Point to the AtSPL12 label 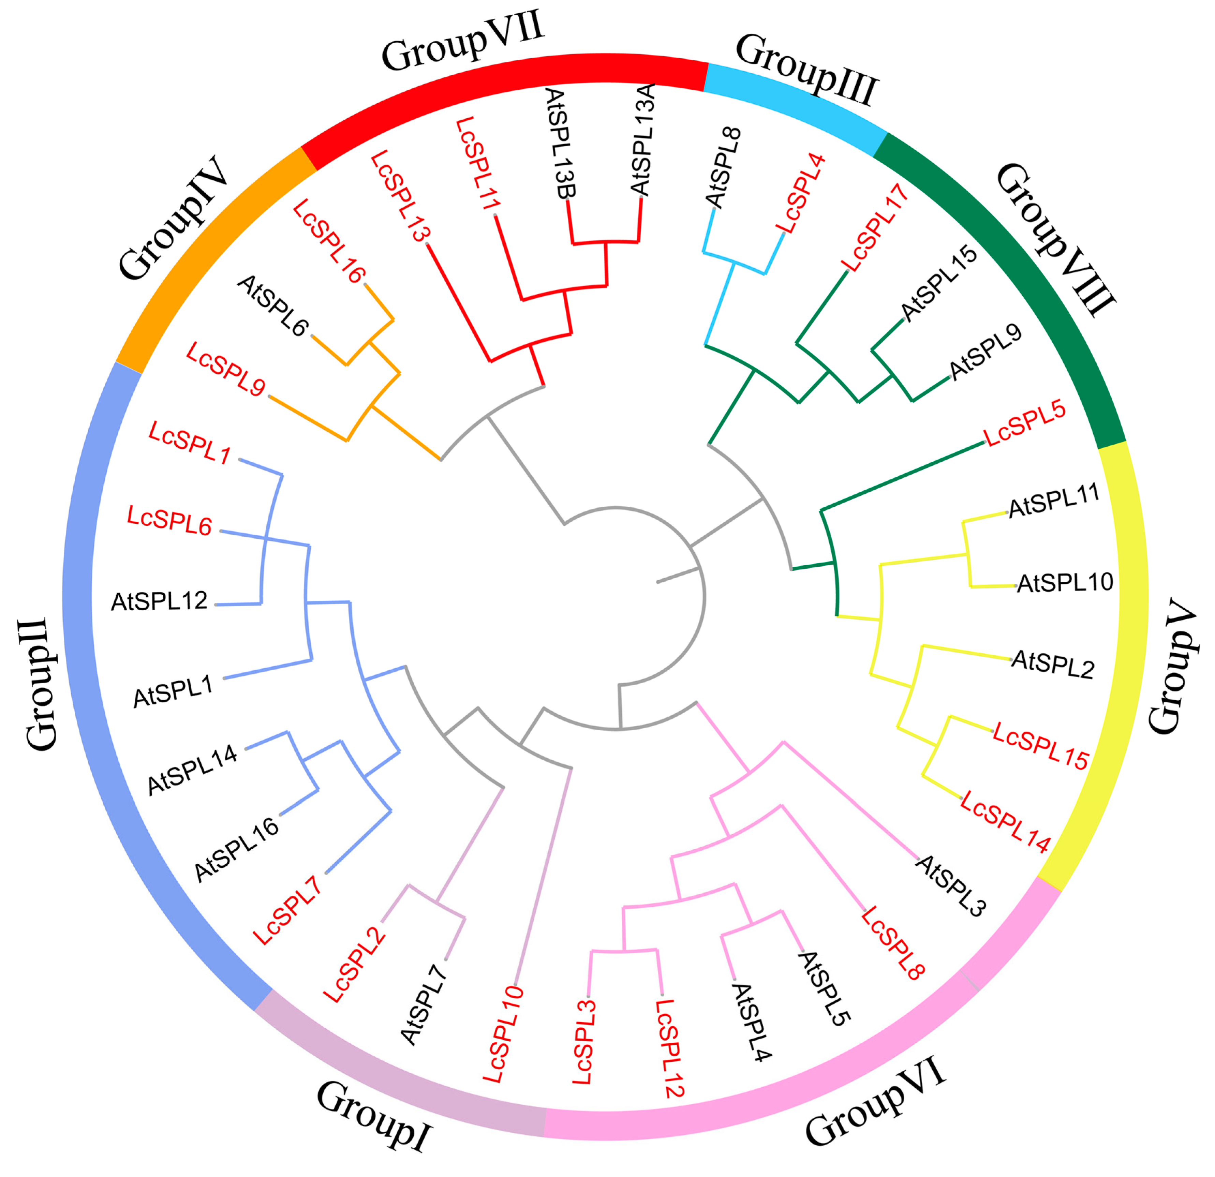click(x=159, y=601)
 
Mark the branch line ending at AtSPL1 click(x=267, y=669)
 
